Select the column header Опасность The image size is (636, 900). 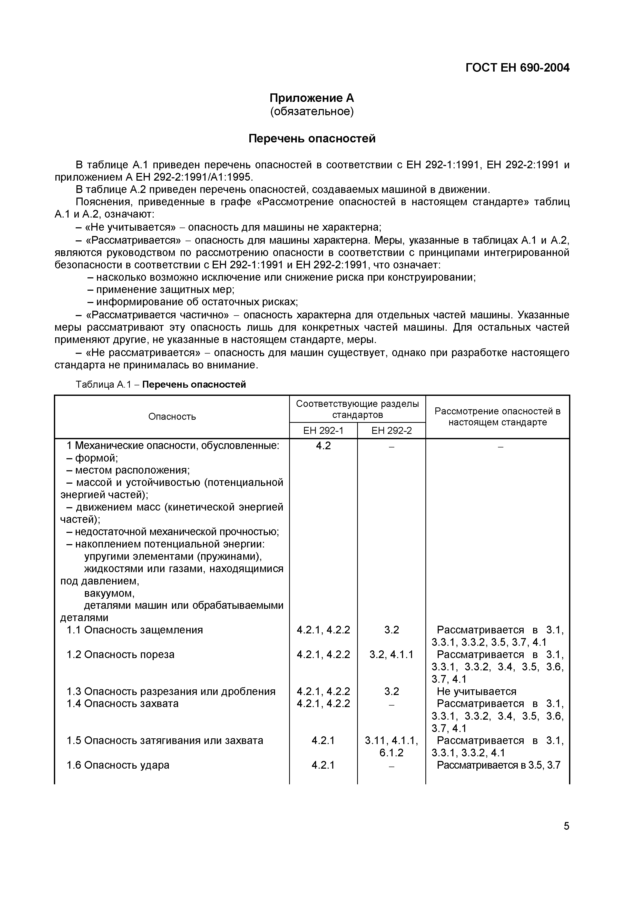[172, 417]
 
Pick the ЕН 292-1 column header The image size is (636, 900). [323, 431]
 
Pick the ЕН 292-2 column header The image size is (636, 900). [392, 431]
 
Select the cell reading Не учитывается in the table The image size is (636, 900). [476, 691]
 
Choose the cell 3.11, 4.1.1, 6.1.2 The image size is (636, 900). [392, 746]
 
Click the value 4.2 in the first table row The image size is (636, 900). [323, 446]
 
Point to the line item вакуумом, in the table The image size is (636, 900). [109, 593]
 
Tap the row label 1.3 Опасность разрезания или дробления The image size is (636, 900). [171, 691]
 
